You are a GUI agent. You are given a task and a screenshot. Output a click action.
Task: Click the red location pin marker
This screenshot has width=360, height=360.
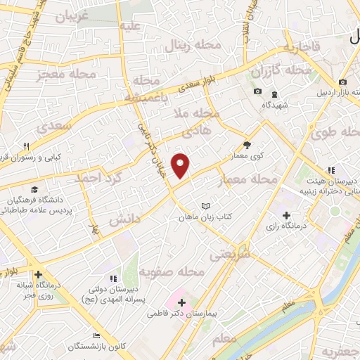[x=181, y=166]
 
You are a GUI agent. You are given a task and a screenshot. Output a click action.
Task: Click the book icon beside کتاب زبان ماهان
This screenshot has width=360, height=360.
[x=205, y=206]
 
